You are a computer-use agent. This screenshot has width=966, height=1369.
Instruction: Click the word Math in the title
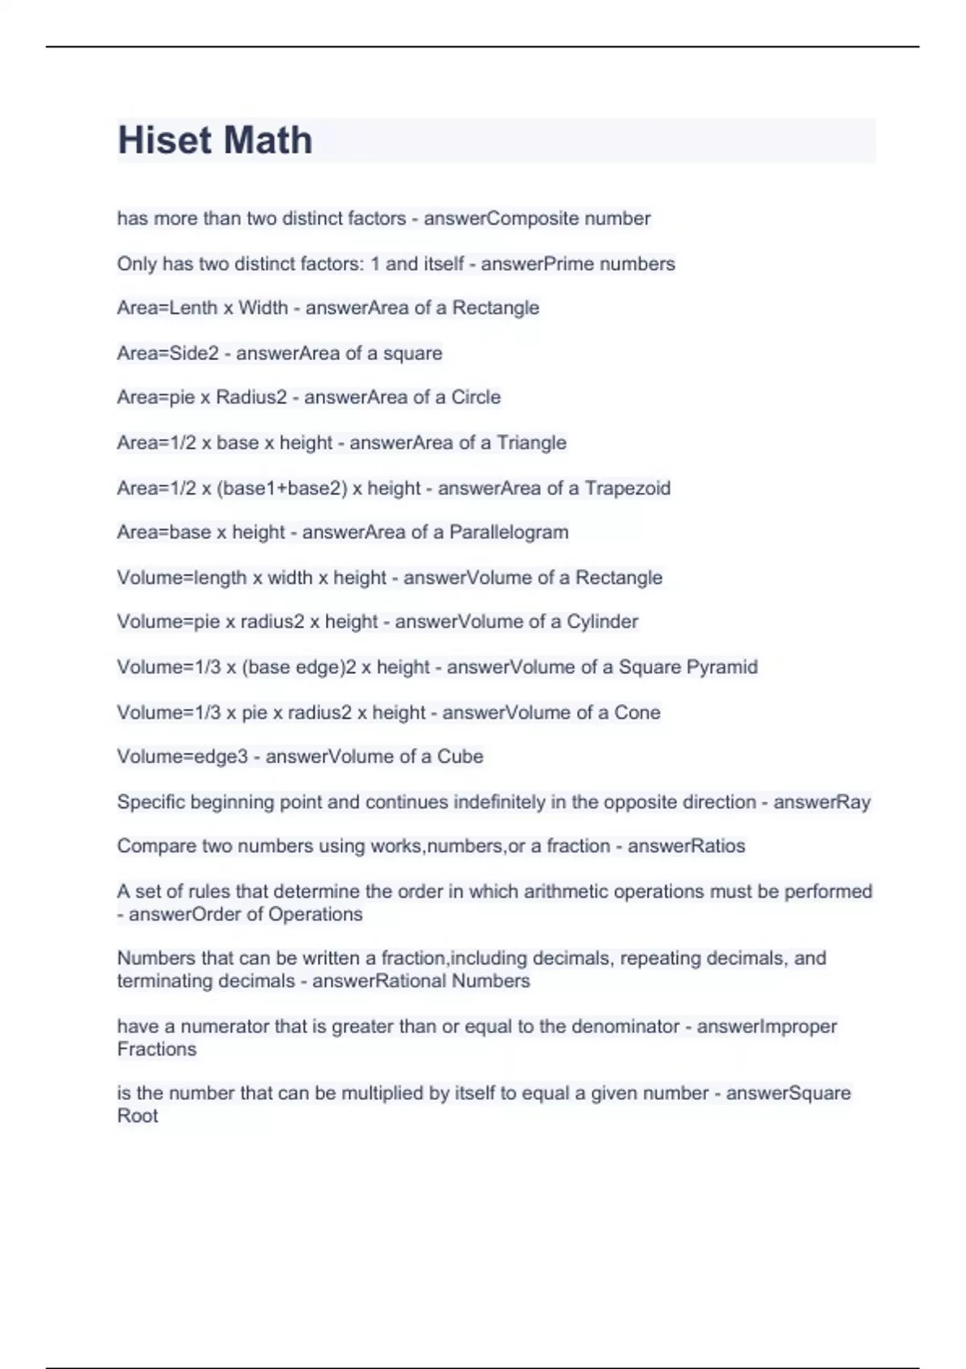click(268, 140)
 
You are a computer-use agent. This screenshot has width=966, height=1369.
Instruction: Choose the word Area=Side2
click(167, 353)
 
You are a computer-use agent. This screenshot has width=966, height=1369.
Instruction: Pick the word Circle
click(476, 397)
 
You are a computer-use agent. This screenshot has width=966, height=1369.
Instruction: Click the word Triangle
click(531, 442)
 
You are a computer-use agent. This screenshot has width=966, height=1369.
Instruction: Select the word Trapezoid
click(627, 488)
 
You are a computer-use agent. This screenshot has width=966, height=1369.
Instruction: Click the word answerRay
click(822, 802)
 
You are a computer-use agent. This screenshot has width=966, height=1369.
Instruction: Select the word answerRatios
click(686, 846)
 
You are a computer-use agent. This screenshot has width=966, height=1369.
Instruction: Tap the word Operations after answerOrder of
click(315, 915)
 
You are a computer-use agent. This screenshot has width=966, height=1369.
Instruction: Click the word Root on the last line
click(138, 1116)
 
